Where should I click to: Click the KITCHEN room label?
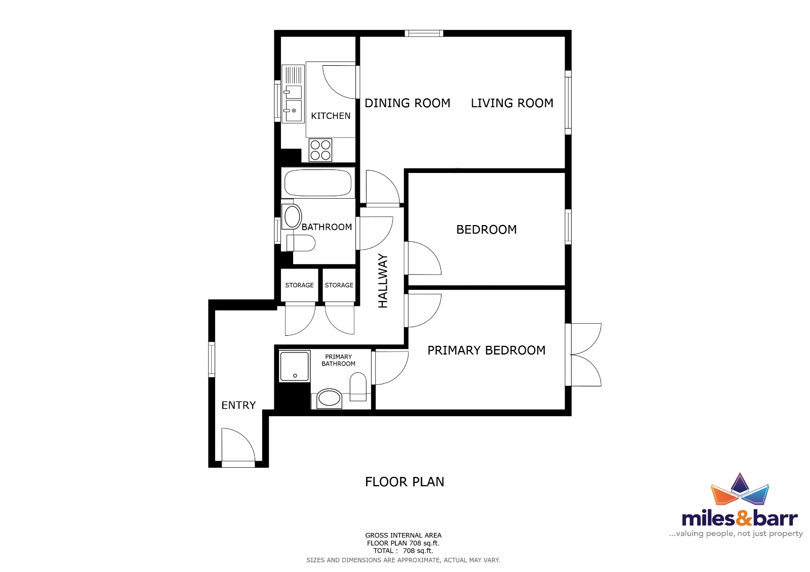[331, 116]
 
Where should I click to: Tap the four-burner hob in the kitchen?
[320, 150]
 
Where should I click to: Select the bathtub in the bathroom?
[318, 183]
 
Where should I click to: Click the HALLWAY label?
[383, 281]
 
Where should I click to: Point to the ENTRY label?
[238, 405]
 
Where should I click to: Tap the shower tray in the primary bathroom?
[294, 366]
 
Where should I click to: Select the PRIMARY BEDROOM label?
[487, 350]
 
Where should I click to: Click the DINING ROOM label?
[407, 103]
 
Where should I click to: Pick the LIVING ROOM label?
[512, 103]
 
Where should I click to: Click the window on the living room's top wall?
[424, 33]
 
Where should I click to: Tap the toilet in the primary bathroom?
[358, 386]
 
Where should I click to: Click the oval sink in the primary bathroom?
[329, 399]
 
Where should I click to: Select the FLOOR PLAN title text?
[404, 481]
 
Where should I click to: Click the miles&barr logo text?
[740, 518]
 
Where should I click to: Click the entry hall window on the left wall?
[212, 360]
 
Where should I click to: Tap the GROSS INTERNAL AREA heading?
[403, 535]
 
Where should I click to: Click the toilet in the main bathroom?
[300, 243]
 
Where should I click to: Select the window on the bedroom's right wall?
[568, 227]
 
